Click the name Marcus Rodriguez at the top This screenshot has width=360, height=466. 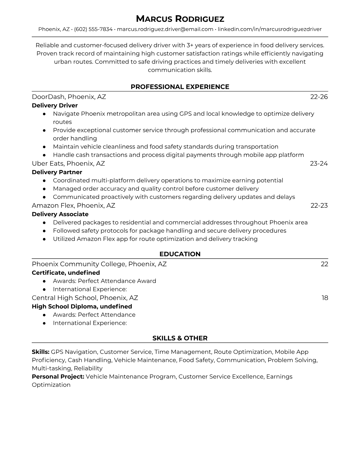point(180,19)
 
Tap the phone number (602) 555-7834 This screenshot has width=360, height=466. point(93,29)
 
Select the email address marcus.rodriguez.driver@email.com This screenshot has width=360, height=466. point(165,29)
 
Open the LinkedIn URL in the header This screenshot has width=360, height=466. point(269,29)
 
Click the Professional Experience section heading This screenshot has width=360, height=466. point(180,87)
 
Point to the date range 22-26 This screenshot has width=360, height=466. point(319,97)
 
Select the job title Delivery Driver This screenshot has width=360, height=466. point(55,105)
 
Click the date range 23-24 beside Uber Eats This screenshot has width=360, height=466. point(319,164)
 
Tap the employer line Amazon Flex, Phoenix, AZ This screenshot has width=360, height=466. point(74,205)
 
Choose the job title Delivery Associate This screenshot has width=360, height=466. point(60,214)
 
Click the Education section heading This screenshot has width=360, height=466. point(180,254)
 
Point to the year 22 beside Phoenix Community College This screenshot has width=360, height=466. point(324,264)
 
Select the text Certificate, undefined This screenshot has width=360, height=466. point(66,273)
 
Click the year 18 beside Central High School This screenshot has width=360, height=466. point(325,298)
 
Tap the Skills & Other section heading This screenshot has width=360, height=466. point(180,338)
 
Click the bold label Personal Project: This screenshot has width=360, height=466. point(58,377)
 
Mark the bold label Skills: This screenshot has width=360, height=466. point(41,352)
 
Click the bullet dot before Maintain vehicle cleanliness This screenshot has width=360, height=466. point(44,147)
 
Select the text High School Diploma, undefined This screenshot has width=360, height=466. point(82,307)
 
